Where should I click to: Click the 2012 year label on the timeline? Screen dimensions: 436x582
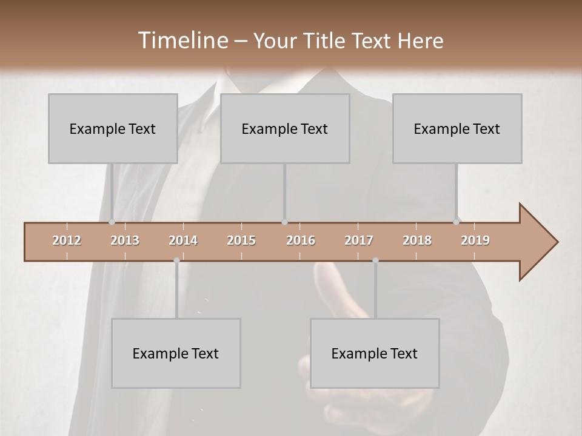click(x=67, y=240)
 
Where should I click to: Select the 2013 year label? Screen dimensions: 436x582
click(x=125, y=240)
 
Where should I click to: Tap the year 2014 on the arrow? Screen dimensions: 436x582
click(x=183, y=240)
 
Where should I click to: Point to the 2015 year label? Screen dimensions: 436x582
click(x=241, y=240)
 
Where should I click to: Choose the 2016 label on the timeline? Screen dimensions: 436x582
click(x=301, y=240)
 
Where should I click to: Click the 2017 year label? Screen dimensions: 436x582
click(x=359, y=240)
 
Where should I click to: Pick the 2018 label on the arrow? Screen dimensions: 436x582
click(x=417, y=240)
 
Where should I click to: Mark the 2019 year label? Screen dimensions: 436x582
click(x=475, y=240)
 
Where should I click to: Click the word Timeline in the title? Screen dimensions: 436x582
click(x=182, y=41)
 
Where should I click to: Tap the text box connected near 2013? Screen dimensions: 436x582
click(x=113, y=128)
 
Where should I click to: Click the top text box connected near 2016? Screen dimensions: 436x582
click(x=285, y=128)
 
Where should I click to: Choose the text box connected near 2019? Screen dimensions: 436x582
click(x=457, y=128)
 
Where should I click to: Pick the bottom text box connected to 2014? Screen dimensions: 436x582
click(x=176, y=353)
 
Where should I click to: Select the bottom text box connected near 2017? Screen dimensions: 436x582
click(x=375, y=353)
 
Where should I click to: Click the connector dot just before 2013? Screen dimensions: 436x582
click(x=112, y=222)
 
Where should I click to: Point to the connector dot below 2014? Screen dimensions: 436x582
click(x=176, y=260)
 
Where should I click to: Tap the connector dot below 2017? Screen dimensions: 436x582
click(x=375, y=260)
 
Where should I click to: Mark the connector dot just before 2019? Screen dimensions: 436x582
click(x=457, y=222)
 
